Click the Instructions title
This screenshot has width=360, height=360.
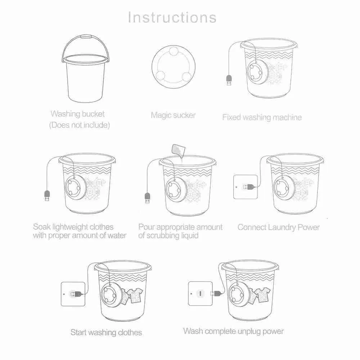(172, 17)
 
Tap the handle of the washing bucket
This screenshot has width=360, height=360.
(85, 37)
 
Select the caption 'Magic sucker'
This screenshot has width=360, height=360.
(174, 115)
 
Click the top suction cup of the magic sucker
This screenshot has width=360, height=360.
(174, 51)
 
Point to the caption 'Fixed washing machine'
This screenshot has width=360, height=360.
(262, 117)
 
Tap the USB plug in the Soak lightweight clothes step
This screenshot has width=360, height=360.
(47, 195)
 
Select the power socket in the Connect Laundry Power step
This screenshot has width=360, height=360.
(246, 187)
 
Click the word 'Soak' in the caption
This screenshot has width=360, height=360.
(42, 227)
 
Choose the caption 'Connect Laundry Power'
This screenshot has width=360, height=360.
(279, 227)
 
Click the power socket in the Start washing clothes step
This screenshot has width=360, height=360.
(73, 294)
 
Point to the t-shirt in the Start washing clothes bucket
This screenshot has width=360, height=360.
(135, 296)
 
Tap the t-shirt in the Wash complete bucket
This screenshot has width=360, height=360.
(263, 295)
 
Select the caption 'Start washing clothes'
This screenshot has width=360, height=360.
(106, 332)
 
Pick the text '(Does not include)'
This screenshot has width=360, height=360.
(80, 125)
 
